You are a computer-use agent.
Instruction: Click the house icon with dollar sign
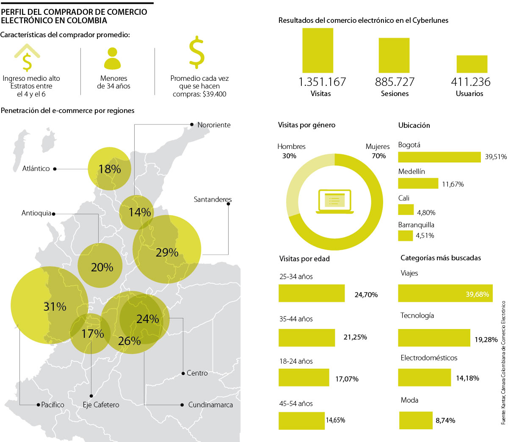tap(27, 58)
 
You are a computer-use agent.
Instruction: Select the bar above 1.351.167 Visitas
tap(317, 50)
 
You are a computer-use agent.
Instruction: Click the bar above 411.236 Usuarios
tap(472, 64)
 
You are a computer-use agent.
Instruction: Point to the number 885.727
tap(395, 82)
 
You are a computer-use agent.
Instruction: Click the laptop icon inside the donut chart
tap(334, 201)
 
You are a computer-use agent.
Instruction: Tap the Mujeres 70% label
tap(378, 151)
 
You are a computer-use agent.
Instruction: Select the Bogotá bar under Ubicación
tap(439, 157)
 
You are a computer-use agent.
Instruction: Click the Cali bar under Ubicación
tap(406, 210)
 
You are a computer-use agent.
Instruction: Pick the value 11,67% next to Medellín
tap(453, 184)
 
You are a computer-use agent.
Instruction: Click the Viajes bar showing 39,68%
tap(445, 293)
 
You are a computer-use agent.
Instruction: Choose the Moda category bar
tap(416, 420)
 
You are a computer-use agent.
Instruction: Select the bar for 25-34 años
tap(312, 293)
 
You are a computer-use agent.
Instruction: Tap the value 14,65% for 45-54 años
tap(335, 420)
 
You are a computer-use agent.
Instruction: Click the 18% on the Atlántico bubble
tap(110, 169)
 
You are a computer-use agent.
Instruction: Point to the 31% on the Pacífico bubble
tap(55, 306)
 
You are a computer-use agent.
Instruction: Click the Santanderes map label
tap(213, 199)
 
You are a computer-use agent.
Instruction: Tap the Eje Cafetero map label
tap(101, 405)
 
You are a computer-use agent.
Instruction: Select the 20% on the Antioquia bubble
tap(102, 267)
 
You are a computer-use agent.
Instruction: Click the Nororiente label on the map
tap(214, 125)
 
